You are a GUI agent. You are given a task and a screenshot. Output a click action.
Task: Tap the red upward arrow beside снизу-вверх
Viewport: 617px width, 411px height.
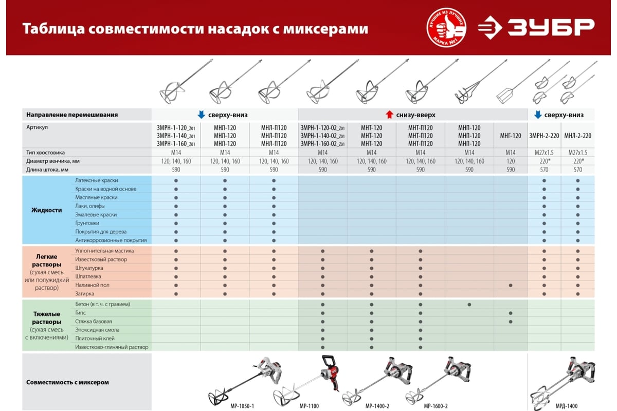point(389,115)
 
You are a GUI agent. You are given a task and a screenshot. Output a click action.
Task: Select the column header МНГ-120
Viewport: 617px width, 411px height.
point(510,136)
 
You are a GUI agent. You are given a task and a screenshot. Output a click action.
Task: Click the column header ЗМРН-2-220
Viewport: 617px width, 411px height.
point(544,136)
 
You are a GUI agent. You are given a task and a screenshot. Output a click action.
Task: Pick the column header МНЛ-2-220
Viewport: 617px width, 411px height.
point(577,136)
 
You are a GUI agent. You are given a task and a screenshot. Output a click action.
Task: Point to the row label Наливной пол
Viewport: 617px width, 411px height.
point(92,285)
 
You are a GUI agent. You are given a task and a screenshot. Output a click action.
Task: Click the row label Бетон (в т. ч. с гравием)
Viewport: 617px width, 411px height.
point(102,304)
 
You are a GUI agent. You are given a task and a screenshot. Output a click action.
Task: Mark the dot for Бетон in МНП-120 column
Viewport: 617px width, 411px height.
point(469,305)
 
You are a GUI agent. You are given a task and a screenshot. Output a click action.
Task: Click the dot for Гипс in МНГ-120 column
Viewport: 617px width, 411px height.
point(510,313)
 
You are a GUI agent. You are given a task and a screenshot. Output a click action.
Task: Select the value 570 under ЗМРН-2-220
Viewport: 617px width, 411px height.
point(544,170)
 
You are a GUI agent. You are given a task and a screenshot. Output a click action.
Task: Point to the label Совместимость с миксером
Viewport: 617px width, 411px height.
point(67,382)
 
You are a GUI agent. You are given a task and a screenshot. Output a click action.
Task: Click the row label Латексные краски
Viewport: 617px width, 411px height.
point(96,181)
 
